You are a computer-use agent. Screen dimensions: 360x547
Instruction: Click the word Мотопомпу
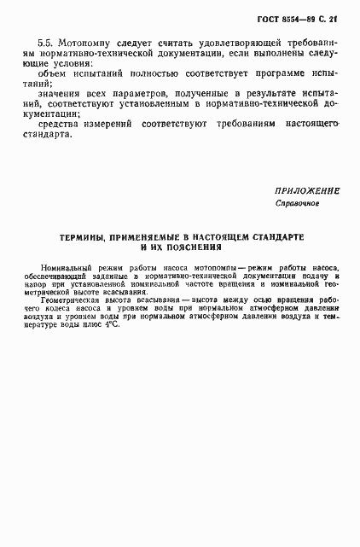pyautogui.click(x=80, y=41)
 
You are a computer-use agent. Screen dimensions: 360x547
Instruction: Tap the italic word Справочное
pyautogui.click(x=296, y=205)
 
